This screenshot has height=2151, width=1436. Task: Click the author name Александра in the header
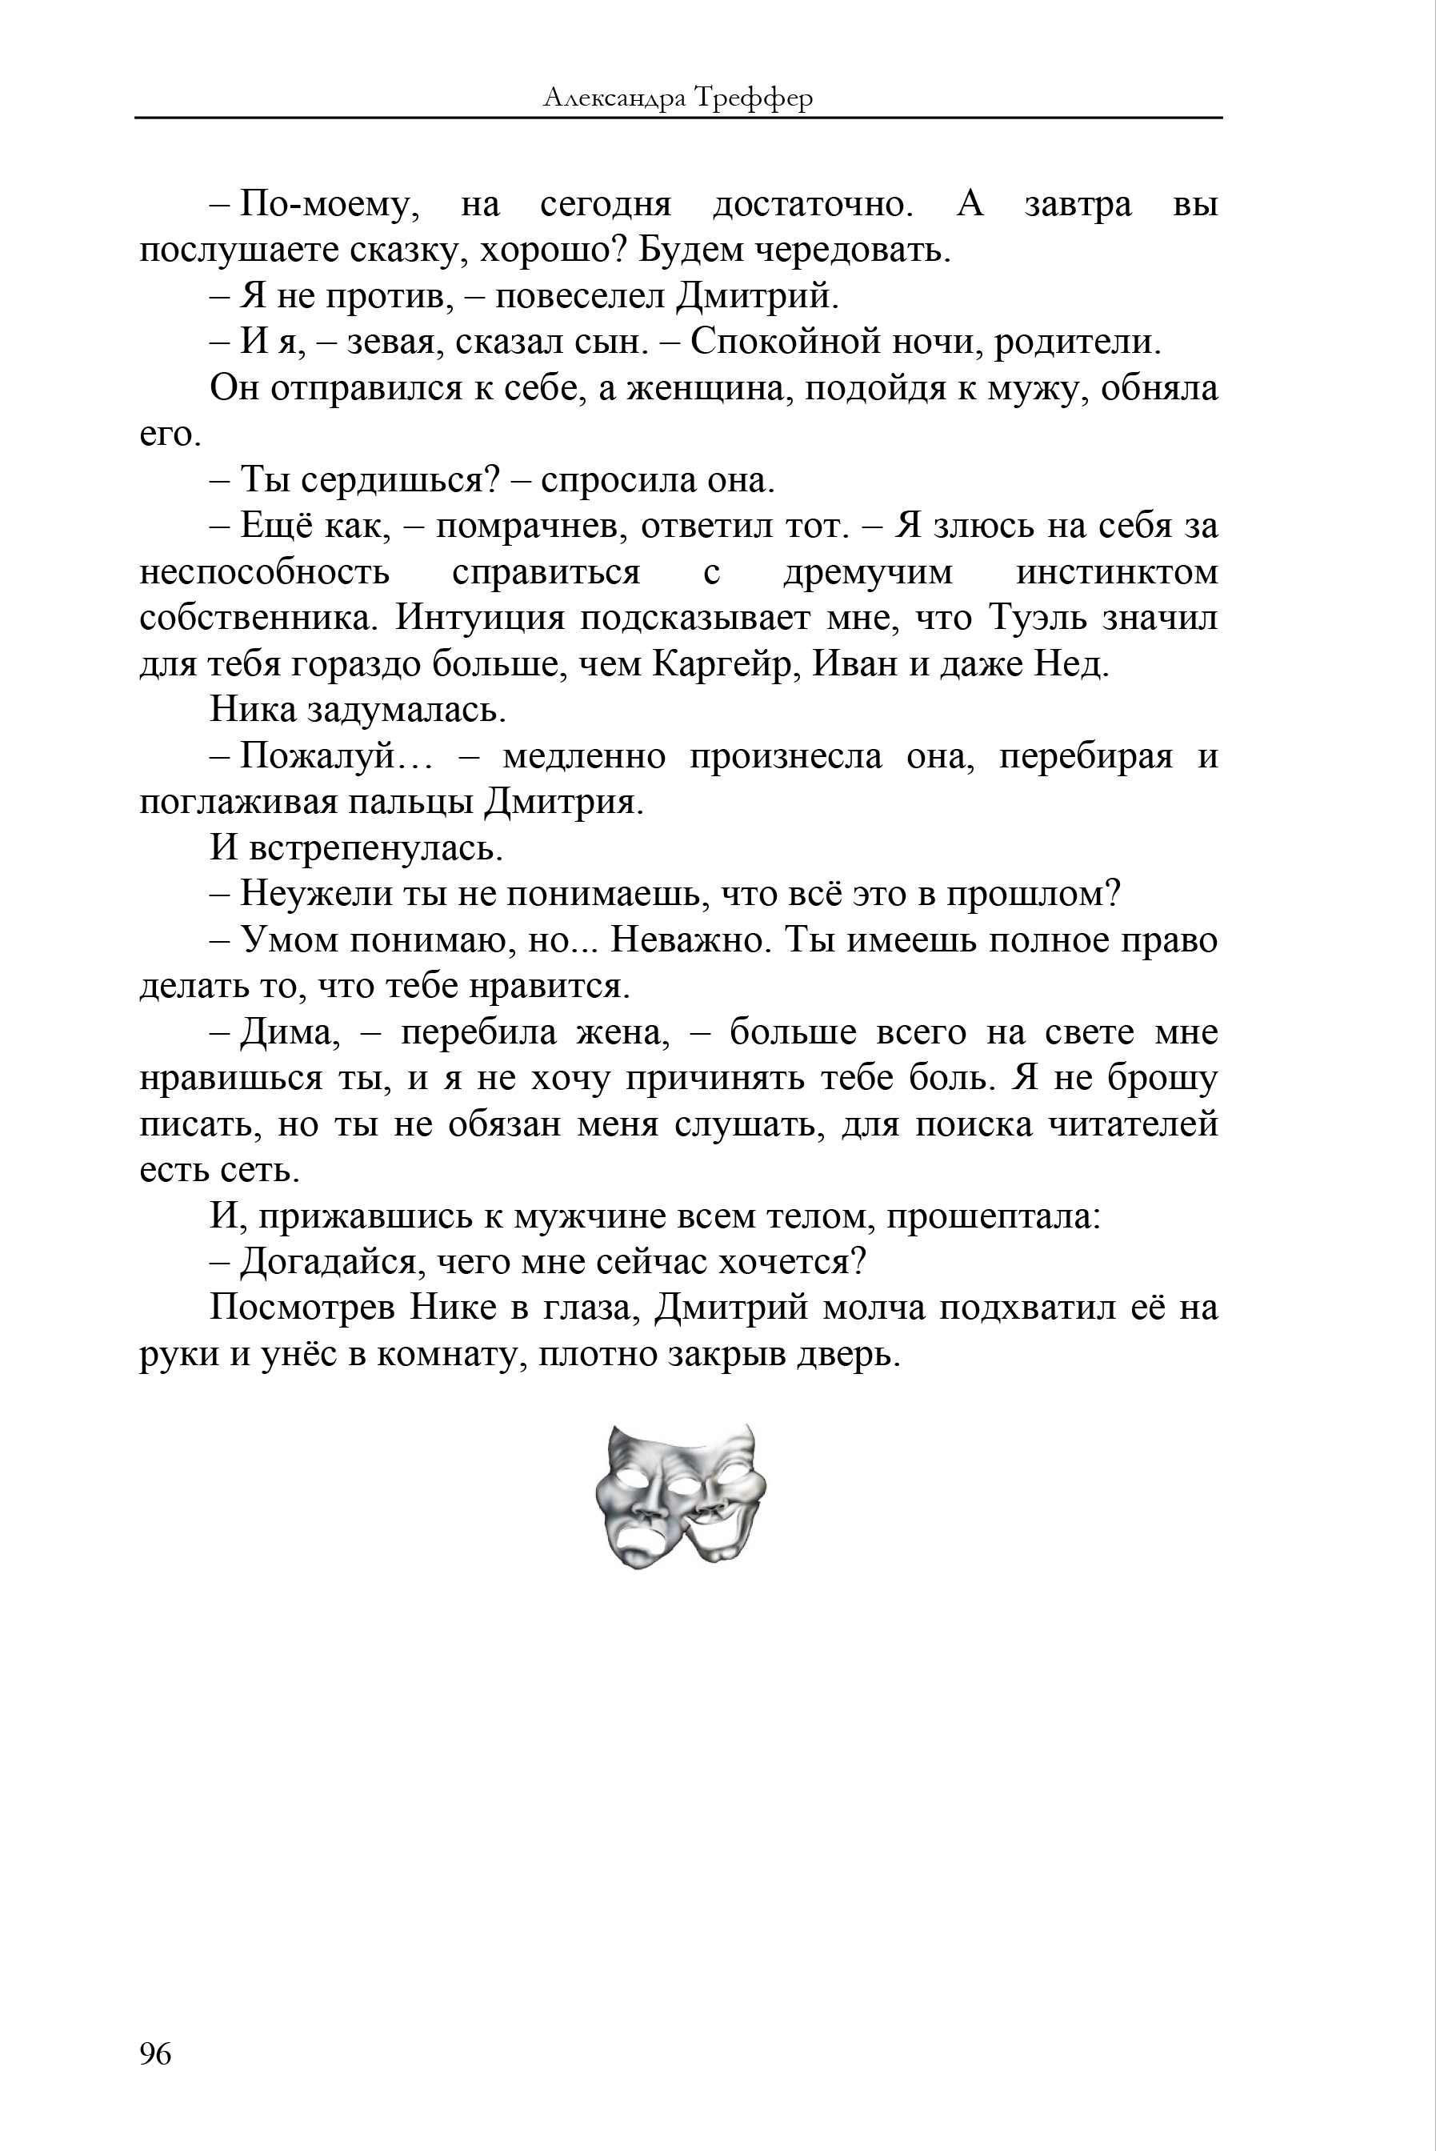click(613, 98)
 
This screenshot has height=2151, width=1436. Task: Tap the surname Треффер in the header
click(753, 98)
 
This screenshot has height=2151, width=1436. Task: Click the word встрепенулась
click(375, 848)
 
